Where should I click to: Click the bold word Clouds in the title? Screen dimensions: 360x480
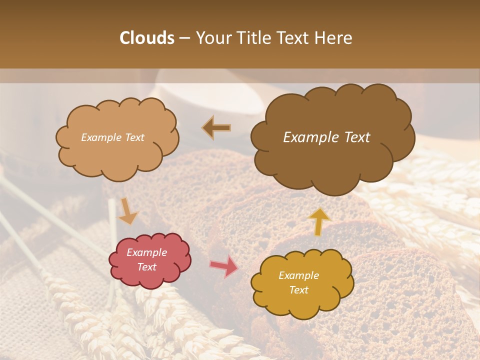click(147, 38)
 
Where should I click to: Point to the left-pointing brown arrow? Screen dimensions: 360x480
click(216, 128)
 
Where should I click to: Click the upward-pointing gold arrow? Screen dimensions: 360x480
click(319, 221)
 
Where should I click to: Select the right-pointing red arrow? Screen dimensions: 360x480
click(224, 266)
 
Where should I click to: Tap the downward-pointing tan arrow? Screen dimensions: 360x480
click(127, 211)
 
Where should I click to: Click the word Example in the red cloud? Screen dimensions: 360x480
click(147, 252)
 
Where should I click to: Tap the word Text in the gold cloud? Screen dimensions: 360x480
click(299, 290)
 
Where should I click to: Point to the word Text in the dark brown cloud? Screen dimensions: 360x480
click(353, 137)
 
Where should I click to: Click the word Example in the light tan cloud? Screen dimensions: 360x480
click(101, 137)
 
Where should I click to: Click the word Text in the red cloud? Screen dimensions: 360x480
click(147, 267)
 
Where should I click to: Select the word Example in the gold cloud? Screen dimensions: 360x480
click(299, 275)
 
